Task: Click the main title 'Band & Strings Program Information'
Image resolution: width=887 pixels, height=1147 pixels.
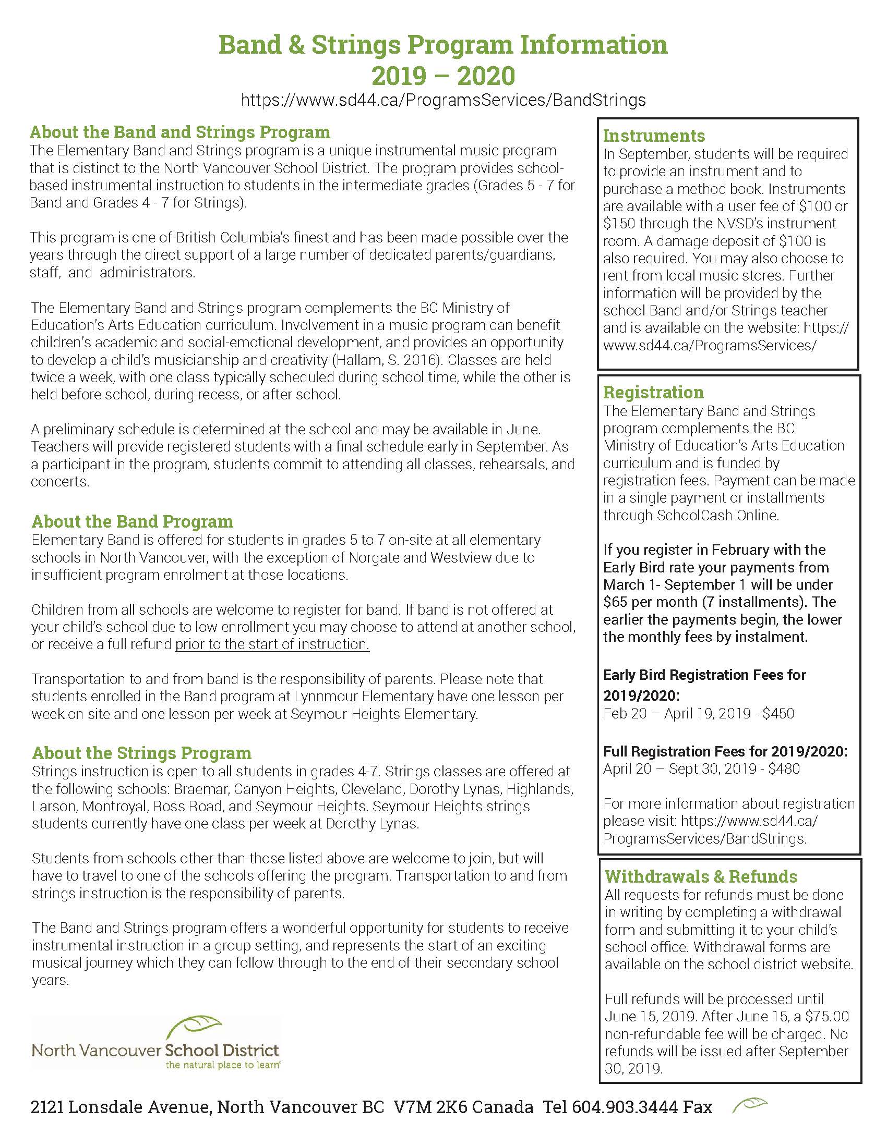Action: pos(443,45)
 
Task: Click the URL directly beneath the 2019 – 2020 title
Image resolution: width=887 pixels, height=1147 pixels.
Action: pos(443,100)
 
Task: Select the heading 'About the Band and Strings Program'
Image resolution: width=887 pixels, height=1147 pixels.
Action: pos(179,132)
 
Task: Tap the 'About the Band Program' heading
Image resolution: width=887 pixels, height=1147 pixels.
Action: pos(132,521)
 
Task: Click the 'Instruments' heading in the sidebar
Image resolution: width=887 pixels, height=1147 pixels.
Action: pos(654,136)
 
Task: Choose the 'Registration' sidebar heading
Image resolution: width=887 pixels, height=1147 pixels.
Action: pos(653,392)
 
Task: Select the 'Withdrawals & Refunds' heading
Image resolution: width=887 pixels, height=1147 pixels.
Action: pos(700,876)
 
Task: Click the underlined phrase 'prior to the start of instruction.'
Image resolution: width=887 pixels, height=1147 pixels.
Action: pos(272,644)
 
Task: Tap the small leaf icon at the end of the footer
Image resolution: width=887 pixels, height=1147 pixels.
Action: pos(749,1105)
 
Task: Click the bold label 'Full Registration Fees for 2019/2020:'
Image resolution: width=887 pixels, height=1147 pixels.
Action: pos(725,751)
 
